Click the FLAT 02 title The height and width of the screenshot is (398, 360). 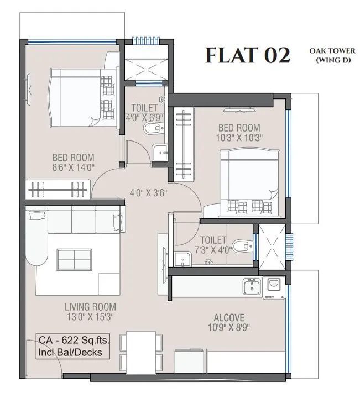point(247,56)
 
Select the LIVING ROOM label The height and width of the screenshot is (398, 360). point(90,307)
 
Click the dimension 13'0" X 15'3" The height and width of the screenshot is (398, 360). point(90,317)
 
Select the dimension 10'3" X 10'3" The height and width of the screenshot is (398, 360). point(239,137)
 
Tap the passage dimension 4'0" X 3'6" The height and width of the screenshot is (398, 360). point(148,193)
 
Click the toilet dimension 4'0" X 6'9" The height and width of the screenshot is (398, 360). point(144,117)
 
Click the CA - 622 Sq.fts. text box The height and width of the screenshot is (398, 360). point(71,345)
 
